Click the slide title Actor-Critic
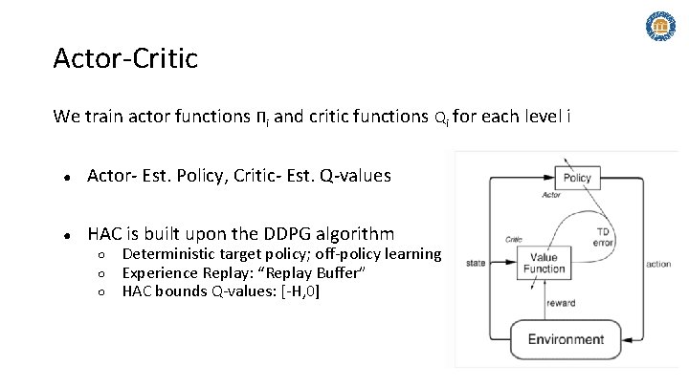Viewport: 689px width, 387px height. (125, 59)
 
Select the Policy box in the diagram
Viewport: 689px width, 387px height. (577, 178)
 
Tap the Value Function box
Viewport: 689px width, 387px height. (544, 263)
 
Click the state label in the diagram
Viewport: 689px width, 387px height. (476, 263)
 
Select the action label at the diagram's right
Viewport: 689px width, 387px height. (658, 263)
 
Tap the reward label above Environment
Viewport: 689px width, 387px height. (560, 303)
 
